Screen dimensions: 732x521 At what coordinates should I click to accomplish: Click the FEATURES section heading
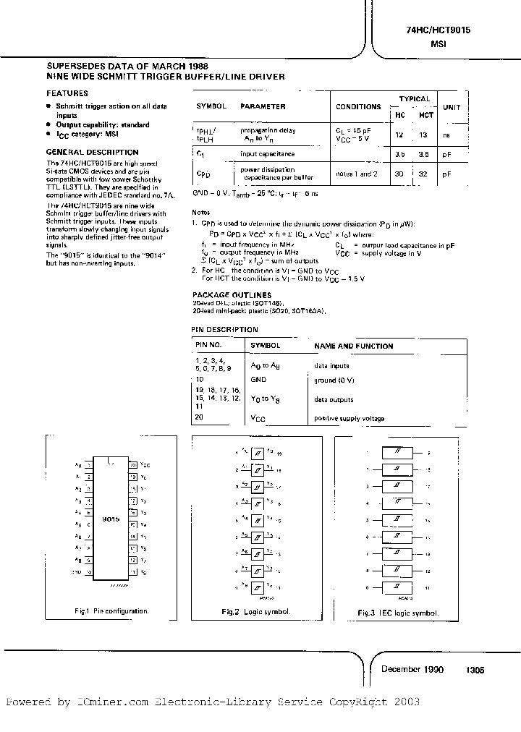point(67,93)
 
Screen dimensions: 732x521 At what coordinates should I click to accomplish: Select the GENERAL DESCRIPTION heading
point(92,152)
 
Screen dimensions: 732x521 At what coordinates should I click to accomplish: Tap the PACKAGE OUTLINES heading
point(232,295)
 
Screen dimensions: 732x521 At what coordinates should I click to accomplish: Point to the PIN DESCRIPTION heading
point(224,329)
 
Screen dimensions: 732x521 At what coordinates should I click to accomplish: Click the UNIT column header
point(452,107)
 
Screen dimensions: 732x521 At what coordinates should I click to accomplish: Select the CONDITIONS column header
point(358,107)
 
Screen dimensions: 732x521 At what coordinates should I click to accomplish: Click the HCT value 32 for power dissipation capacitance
point(426,174)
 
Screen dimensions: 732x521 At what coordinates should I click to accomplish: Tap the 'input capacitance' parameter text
point(267,154)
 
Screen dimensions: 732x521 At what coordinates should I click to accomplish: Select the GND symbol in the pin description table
point(258,380)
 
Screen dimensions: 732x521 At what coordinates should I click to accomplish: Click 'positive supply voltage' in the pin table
point(349,419)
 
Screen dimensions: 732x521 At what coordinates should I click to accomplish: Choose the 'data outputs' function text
point(334,399)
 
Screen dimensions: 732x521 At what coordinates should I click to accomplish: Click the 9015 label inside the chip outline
point(111,519)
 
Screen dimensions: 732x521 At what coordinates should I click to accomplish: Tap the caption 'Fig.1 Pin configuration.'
point(111,611)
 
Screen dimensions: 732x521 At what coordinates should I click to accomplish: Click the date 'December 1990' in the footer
point(412,669)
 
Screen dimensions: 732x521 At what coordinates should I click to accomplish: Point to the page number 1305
point(475,670)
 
